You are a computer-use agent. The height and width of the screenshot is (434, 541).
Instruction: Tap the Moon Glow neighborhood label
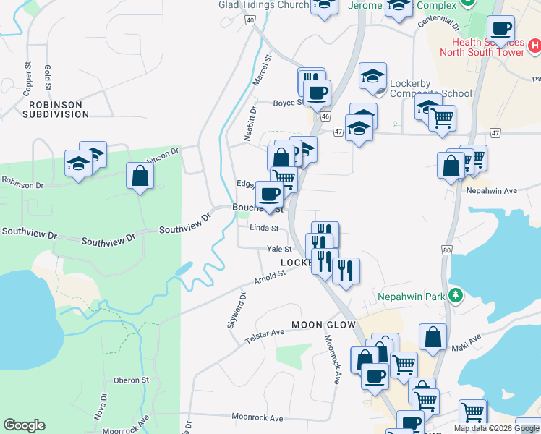point(322,325)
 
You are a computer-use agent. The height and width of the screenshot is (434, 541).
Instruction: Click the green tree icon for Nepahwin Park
point(456,295)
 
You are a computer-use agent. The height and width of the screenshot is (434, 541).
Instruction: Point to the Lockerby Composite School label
point(430,88)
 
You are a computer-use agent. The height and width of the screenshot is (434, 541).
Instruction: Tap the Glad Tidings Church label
point(263,4)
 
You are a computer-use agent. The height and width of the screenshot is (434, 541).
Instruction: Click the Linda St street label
point(264,229)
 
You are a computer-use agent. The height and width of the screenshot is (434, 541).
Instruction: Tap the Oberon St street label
point(131,380)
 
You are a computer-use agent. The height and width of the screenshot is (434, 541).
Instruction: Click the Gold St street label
point(48,77)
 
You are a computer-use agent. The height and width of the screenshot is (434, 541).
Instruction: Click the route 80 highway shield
point(446,250)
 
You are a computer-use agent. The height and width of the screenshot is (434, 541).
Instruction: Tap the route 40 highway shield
point(250,20)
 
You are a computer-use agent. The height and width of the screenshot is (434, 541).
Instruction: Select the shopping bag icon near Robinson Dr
point(140,176)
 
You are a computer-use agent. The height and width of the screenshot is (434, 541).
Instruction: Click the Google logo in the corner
point(24,425)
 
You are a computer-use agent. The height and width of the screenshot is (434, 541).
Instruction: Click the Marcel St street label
point(263,70)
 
